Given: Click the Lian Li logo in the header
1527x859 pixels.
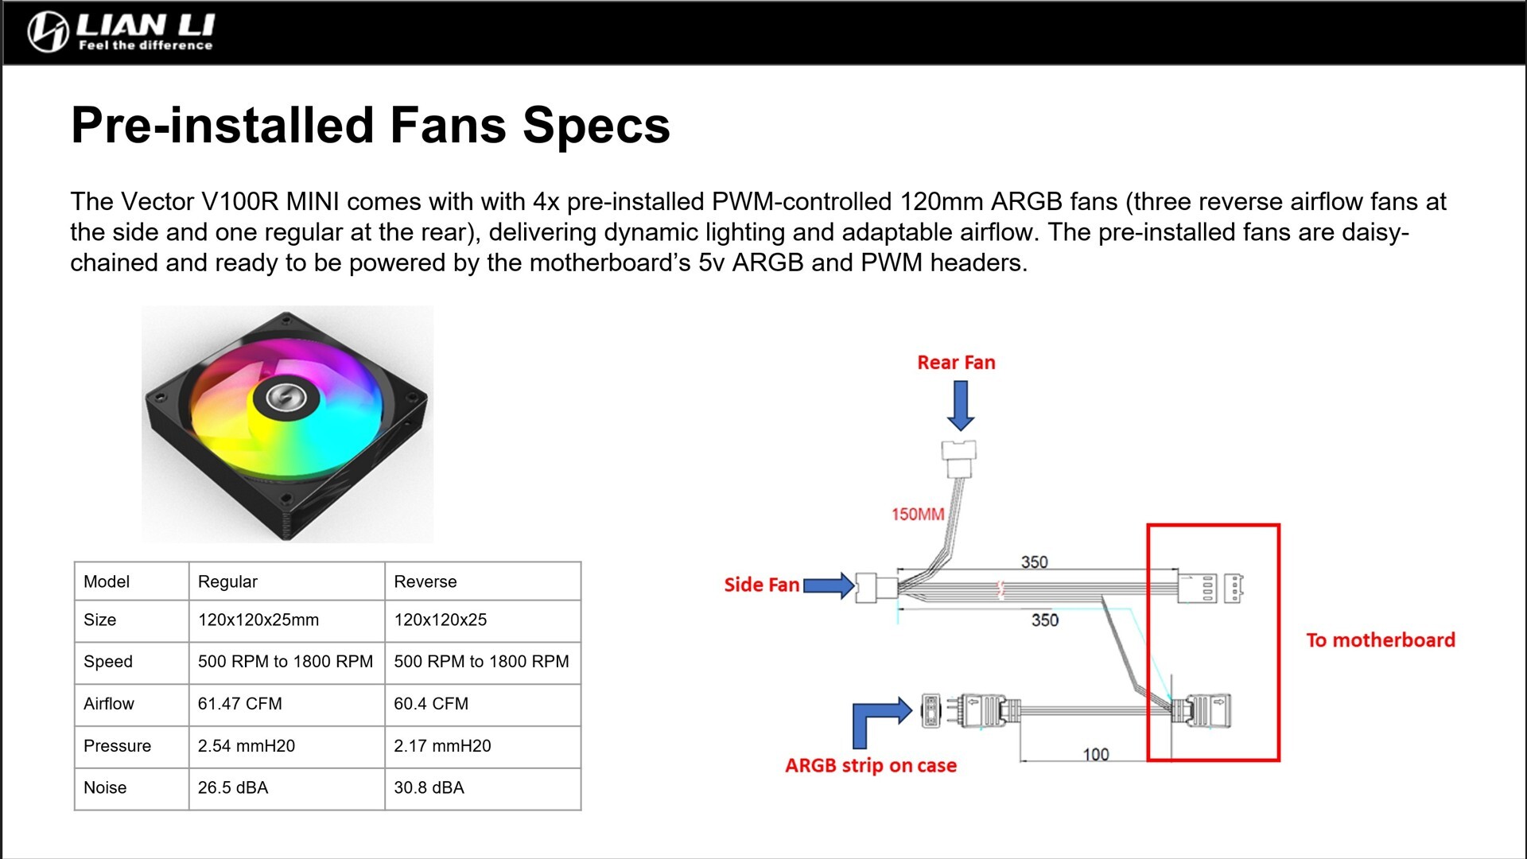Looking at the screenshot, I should point(121,32).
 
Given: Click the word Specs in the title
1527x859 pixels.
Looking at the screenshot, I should point(596,126).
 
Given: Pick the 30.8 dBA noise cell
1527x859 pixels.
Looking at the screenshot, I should point(429,788).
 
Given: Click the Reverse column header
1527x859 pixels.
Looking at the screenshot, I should point(425,581).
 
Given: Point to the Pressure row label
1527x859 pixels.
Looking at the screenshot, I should point(117,746).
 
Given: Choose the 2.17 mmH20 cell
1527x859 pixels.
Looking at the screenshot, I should point(442,746).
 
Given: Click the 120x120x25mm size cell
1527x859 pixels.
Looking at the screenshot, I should point(258,620).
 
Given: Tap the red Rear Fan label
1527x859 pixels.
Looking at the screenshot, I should point(956,363).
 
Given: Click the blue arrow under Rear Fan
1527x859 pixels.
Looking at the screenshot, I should point(960,406).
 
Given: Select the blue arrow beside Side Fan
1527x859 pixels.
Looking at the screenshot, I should point(829,586).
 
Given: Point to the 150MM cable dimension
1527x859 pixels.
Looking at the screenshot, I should point(917,515).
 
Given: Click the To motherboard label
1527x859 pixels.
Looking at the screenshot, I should point(1380,640).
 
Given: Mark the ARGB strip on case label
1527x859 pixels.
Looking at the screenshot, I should point(871,766).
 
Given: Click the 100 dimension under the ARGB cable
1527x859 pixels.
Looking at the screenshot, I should point(1095,754).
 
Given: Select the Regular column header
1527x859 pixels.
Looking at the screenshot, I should point(227,581).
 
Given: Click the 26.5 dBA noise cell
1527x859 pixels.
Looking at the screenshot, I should point(233,788).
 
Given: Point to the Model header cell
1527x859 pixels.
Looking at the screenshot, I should point(107,581).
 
